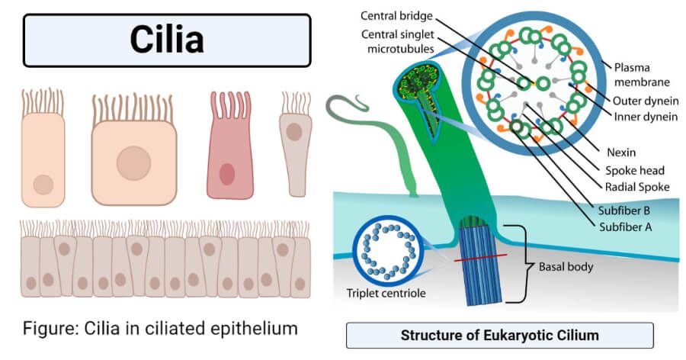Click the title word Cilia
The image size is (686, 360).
(x=167, y=40)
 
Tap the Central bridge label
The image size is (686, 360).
(x=396, y=16)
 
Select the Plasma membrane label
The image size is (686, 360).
(x=642, y=75)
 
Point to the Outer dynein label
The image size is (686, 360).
(x=646, y=101)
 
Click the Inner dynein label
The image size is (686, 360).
(x=646, y=117)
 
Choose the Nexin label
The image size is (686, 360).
(x=621, y=153)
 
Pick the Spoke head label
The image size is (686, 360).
(x=635, y=170)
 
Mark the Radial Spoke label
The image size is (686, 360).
(x=637, y=187)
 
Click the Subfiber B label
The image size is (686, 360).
(x=624, y=211)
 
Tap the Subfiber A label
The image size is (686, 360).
(x=626, y=227)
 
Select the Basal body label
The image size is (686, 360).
(x=566, y=267)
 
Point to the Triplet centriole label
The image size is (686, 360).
(x=386, y=293)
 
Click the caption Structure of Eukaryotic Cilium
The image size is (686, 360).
(x=499, y=336)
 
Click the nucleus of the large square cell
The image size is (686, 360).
(x=133, y=163)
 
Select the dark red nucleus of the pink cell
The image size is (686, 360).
(x=227, y=174)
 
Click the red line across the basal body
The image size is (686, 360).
(x=480, y=258)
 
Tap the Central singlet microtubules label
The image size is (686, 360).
(x=398, y=41)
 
